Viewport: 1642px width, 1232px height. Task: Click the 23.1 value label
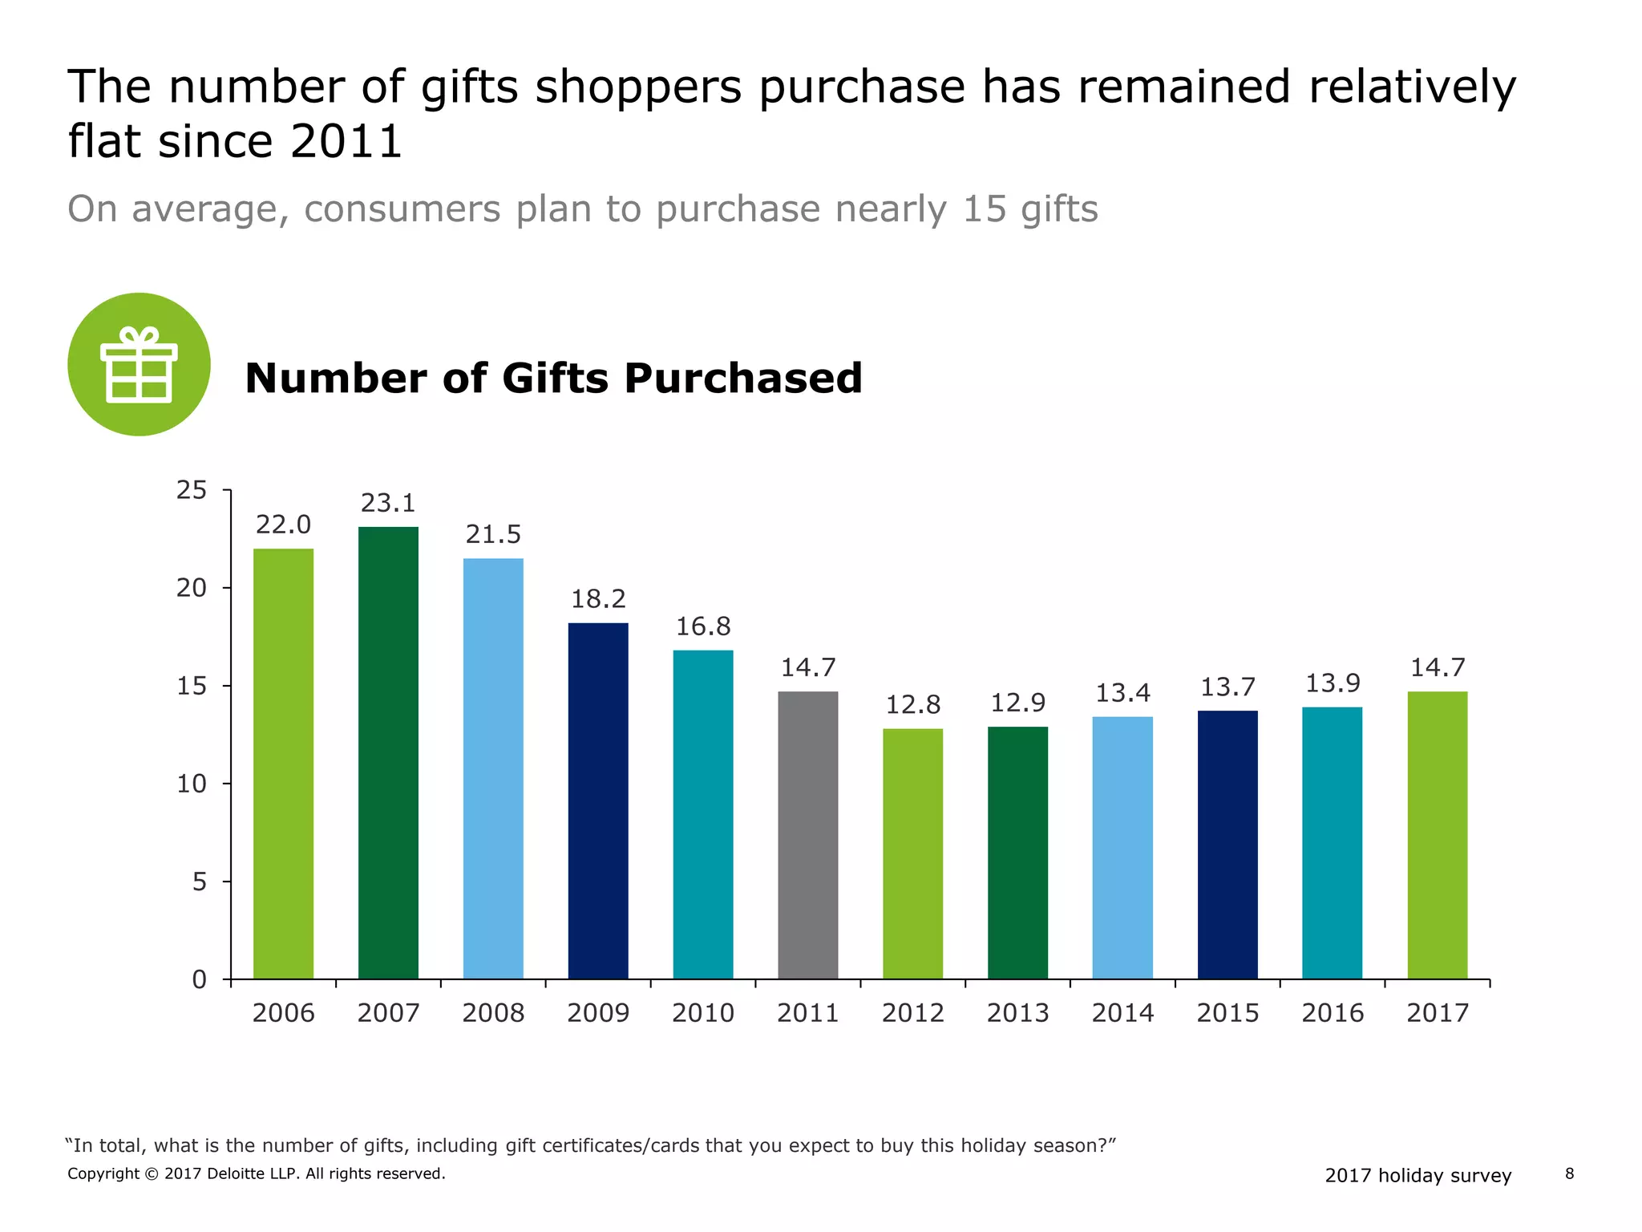[388, 503]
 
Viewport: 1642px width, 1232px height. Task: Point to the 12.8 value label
[913, 705]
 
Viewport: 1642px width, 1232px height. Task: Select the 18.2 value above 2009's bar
[598, 599]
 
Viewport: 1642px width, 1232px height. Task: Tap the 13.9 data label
[1333, 683]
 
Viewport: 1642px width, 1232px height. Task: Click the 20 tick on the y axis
[192, 588]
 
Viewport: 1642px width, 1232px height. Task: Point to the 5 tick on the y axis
[200, 882]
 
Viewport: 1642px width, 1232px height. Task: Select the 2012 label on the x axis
[913, 1013]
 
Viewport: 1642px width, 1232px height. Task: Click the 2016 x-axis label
[1333, 1013]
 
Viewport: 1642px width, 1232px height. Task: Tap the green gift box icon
[139, 364]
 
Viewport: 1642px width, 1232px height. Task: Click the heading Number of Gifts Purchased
[553, 378]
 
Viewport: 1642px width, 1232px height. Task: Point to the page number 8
[1569, 1174]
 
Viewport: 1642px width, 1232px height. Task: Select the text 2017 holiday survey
[1418, 1176]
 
